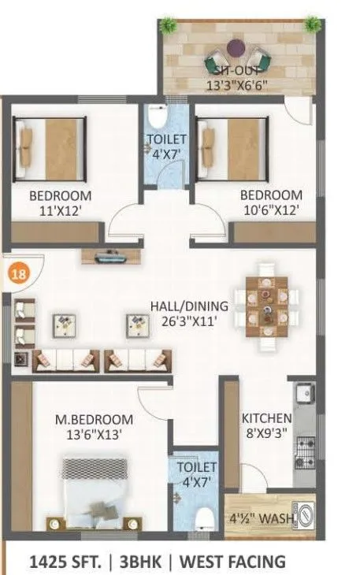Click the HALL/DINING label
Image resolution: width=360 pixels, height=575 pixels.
[x=190, y=306]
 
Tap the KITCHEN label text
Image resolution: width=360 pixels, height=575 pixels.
[x=266, y=417]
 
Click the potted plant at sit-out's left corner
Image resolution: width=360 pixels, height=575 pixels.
[x=169, y=25]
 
